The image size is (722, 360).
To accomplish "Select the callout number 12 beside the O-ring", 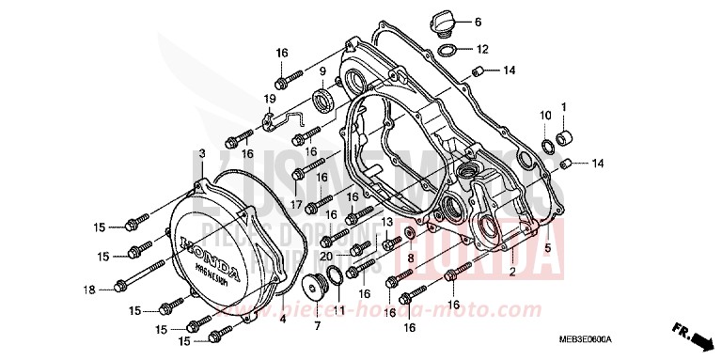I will (481, 49).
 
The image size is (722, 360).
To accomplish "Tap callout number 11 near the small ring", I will (339, 310).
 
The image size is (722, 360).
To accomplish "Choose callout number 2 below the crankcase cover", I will (512, 273).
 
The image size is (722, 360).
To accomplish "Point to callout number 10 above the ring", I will (544, 115).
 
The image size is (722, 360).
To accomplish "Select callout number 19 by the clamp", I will (270, 98).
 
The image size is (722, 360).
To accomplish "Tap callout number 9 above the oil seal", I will (322, 71).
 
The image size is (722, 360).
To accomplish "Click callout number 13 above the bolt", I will (386, 222).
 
